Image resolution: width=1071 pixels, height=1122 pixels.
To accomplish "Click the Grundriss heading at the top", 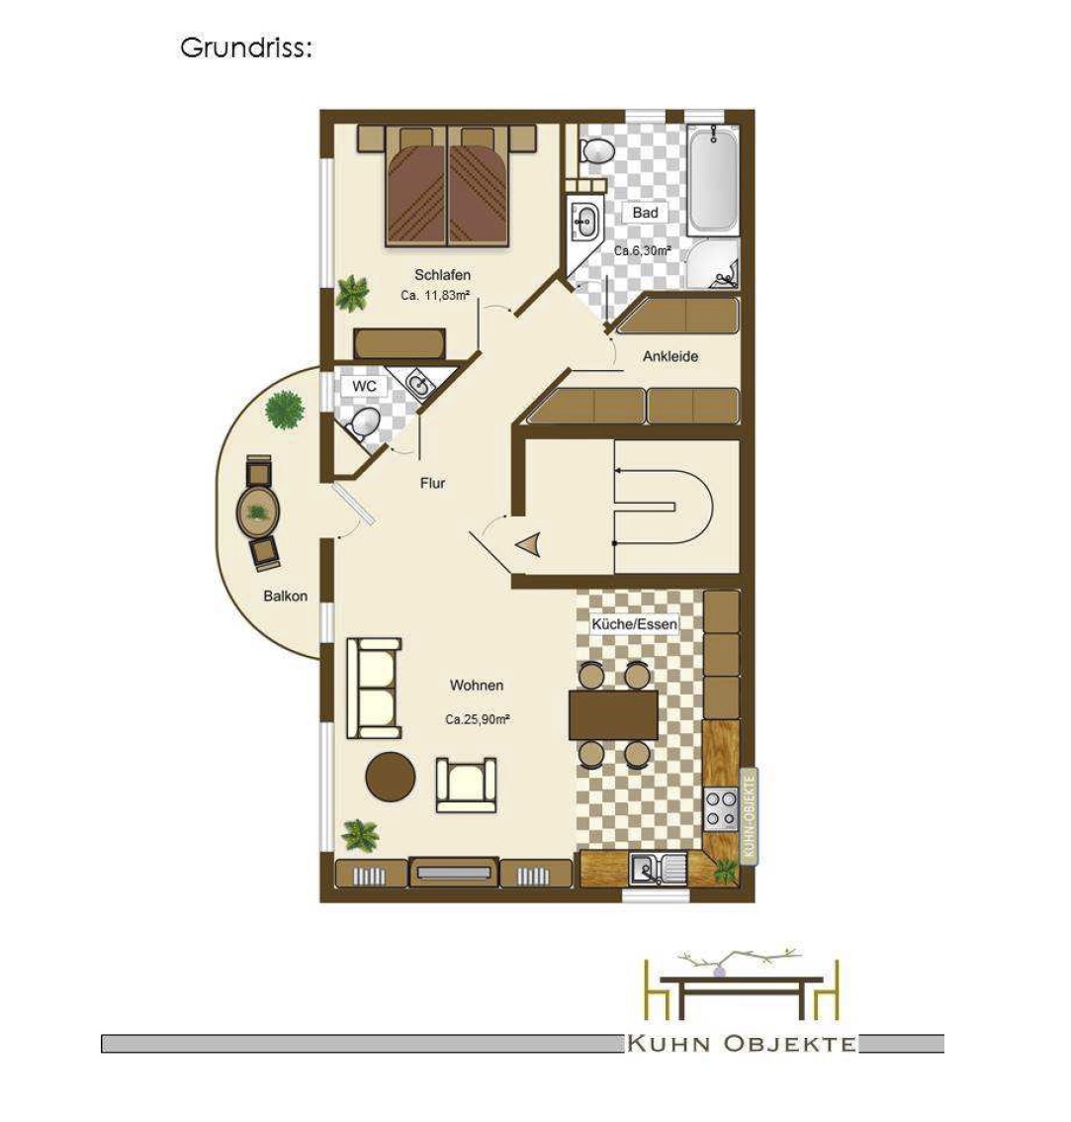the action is (x=246, y=48).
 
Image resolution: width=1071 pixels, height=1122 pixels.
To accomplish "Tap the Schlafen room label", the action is (x=442, y=275).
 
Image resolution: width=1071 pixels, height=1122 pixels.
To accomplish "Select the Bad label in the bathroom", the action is (x=646, y=213).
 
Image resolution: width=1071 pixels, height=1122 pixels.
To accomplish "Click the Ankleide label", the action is (x=670, y=356).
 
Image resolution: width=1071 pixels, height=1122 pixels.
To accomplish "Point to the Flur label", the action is (x=433, y=484).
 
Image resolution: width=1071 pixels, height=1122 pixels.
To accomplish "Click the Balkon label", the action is (x=286, y=596).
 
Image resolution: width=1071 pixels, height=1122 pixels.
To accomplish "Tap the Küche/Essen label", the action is (x=635, y=624).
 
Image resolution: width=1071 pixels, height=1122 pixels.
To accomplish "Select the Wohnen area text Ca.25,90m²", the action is (x=478, y=720).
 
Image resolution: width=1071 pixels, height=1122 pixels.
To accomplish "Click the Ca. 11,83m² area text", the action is (x=435, y=295).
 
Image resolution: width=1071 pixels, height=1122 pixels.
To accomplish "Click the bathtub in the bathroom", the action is (x=713, y=179).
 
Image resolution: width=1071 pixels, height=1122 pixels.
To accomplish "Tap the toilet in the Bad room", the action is (x=596, y=150).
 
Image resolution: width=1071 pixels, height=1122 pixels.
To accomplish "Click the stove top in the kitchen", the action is (x=721, y=809).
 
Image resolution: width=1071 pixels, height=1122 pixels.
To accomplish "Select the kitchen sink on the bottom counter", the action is (x=658, y=870).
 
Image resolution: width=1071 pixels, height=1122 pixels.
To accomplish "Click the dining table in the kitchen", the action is (x=614, y=714).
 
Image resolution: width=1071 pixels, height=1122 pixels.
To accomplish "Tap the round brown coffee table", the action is (x=391, y=777).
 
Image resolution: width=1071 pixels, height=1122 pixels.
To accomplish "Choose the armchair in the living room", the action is (x=466, y=785).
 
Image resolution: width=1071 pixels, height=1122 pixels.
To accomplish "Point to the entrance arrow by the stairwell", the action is (x=528, y=546).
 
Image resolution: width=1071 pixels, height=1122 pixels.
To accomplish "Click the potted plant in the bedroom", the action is (x=353, y=293).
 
